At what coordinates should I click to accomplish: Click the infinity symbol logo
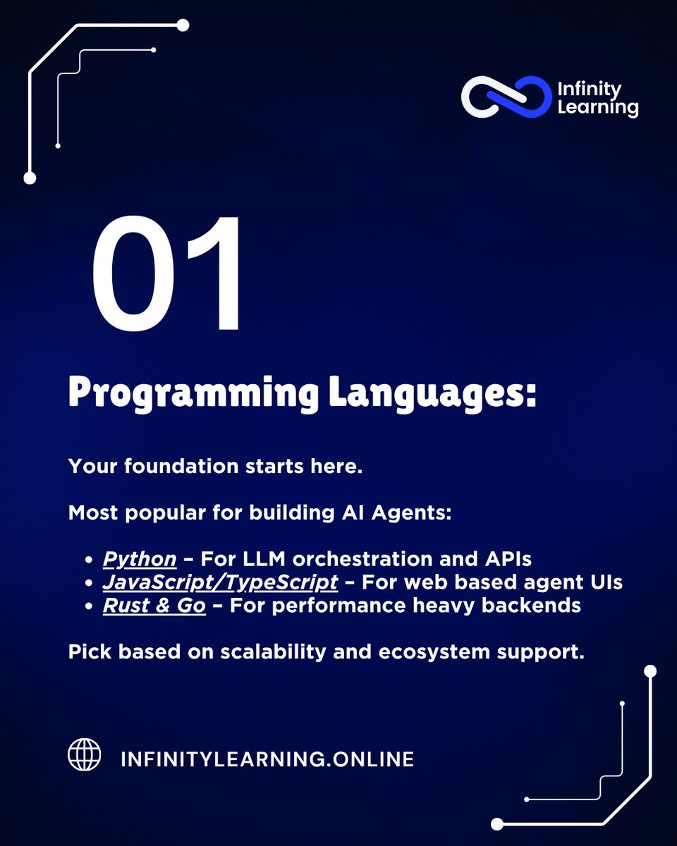506,96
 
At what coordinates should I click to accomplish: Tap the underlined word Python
140,559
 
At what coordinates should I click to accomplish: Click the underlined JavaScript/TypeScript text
220,583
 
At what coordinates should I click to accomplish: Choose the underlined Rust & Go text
154,606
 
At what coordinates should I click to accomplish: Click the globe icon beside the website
85,754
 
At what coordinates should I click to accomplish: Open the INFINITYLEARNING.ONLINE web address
267,759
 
